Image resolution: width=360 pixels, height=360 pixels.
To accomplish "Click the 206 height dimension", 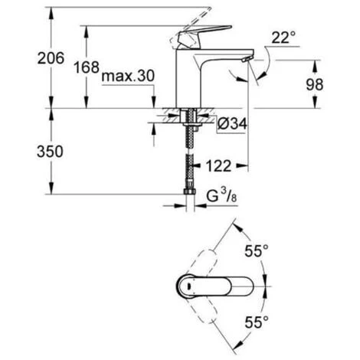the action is tap(51, 58).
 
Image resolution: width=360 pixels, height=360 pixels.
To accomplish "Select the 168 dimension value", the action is tap(87, 67).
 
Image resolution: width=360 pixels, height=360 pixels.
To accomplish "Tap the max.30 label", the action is tap(128, 76).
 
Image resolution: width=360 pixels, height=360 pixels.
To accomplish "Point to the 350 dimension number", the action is tap(50, 152).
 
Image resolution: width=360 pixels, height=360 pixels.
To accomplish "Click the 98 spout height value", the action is tap(315, 84).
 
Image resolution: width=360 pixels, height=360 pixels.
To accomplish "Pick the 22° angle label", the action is tap(283, 38).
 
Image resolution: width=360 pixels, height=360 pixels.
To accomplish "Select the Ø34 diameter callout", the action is tap(232, 124).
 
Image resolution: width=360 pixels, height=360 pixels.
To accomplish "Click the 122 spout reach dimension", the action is tap(218, 166).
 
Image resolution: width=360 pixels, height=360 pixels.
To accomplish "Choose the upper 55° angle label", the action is tap(257, 250).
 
